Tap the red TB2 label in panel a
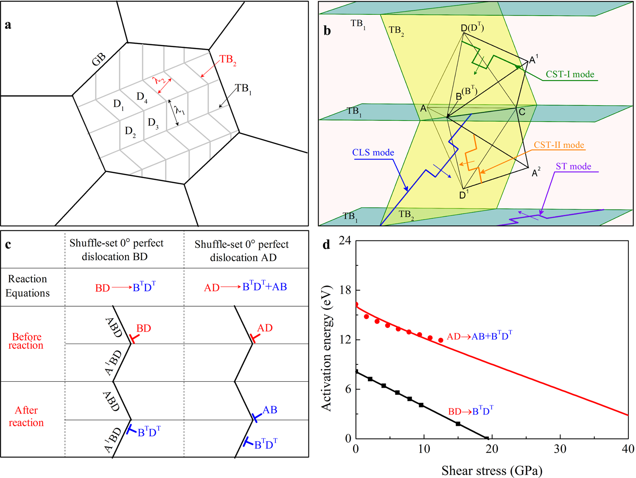[228, 60]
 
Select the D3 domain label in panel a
[153, 123]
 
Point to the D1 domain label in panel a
[119, 104]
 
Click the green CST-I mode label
[569, 74]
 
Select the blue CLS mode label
[373, 152]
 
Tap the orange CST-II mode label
[558, 145]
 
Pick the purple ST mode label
[573, 166]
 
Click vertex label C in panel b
[522, 112]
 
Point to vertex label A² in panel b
[536, 172]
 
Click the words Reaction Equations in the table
[28, 286]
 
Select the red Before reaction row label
[26, 341]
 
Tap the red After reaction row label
[26, 416]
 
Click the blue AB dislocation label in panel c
[270, 410]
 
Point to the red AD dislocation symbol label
[265, 328]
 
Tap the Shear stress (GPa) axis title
[492, 470]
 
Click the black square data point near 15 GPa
[458, 424]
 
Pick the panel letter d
[326, 245]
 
